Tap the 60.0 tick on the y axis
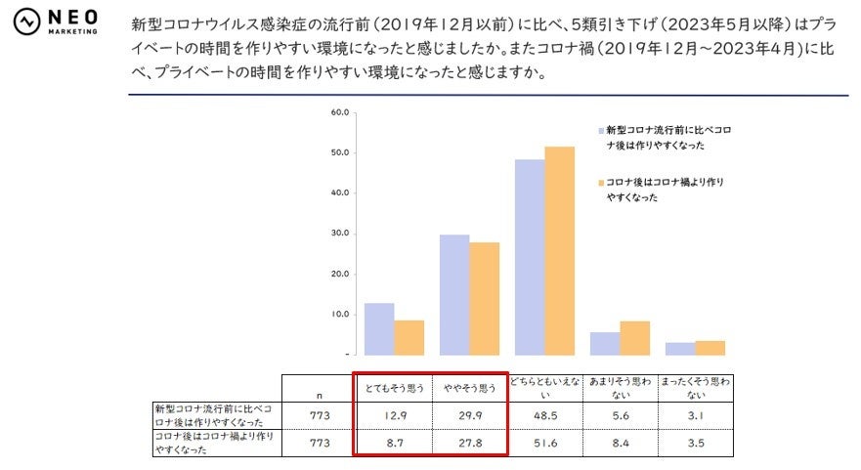pyautogui.click(x=340, y=112)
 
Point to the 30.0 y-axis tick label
pyautogui.click(x=340, y=234)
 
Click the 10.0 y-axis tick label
pyautogui.click(x=340, y=315)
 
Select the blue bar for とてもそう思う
pyautogui.click(x=379, y=329)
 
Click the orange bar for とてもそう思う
pyautogui.click(x=409, y=337)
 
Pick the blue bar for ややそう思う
pyautogui.click(x=454, y=295)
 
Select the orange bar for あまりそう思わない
pyautogui.click(x=635, y=338)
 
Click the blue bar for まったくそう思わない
pyautogui.click(x=680, y=349)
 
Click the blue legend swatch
pyautogui.click(x=599, y=130)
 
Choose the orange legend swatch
pyautogui.click(x=599, y=183)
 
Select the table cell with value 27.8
pyautogui.click(x=468, y=443)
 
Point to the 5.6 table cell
pyautogui.click(x=620, y=414)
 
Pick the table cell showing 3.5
pyautogui.click(x=696, y=443)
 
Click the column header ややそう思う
pyautogui.click(x=468, y=388)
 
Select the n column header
pyautogui.click(x=320, y=394)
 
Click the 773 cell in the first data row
pyautogui.click(x=320, y=414)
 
